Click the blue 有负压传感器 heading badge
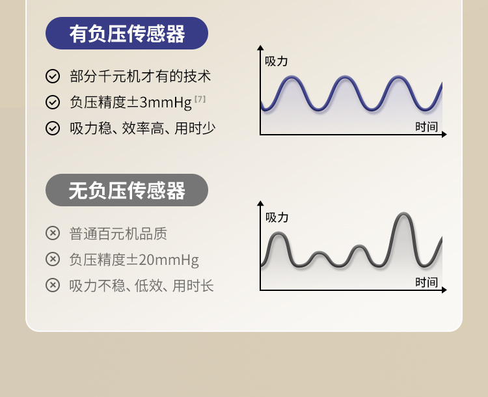click(x=127, y=33)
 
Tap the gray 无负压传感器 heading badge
click(x=127, y=190)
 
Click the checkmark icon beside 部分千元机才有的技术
click(x=53, y=76)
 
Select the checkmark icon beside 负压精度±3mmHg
click(x=53, y=102)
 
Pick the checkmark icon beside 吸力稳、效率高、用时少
click(x=53, y=128)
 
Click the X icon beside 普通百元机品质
click(x=53, y=233)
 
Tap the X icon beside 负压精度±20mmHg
click(x=53, y=259)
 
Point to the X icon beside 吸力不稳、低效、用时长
click(x=53, y=285)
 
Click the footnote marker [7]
click(x=200, y=99)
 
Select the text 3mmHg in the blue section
click(x=165, y=102)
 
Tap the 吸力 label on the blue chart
click(x=276, y=61)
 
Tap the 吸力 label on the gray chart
click(x=277, y=217)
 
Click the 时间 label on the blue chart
click(x=426, y=127)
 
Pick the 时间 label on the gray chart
click(x=426, y=282)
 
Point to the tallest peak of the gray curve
click(x=403, y=213)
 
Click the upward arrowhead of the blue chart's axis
click(x=260, y=48)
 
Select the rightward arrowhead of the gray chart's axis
click(x=444, y=290)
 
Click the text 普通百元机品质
click(x=118, y=234)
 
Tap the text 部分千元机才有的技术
click(x=141, y=76)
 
